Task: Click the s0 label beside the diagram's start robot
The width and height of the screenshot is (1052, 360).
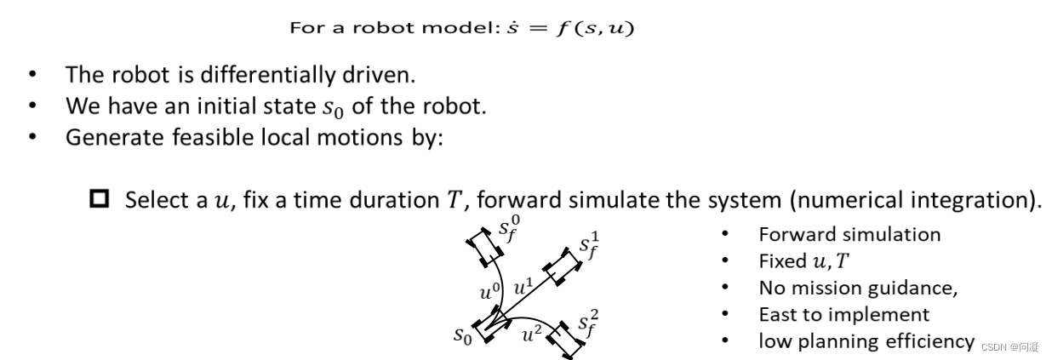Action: click(463, 335)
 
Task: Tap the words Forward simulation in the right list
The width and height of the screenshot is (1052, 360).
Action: click(849, 234)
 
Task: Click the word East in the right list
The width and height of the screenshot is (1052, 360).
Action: click(778, 314)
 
